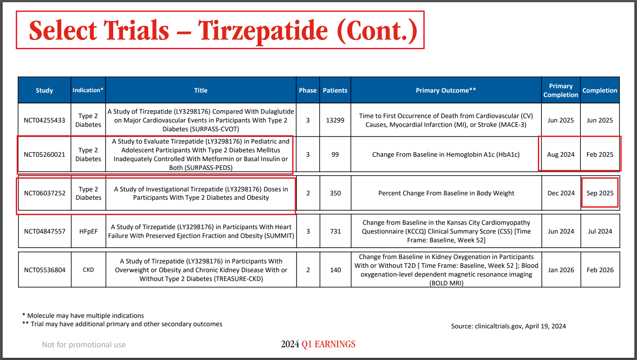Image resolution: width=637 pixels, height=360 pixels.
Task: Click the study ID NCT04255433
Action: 44,120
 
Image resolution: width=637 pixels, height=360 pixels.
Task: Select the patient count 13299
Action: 335,120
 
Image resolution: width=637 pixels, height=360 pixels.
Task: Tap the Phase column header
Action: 308,90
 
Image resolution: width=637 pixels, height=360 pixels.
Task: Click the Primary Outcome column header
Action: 446,90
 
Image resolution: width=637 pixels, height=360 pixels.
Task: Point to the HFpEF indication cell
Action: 88,231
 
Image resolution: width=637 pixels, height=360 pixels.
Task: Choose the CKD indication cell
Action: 88,270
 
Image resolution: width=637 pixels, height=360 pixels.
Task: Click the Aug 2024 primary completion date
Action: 561,155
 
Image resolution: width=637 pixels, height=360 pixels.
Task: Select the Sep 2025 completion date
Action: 600,193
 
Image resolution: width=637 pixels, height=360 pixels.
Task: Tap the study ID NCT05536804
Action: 44,270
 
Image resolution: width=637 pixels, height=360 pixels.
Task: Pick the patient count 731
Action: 335,231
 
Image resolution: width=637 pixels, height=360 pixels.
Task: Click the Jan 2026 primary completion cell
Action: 561,270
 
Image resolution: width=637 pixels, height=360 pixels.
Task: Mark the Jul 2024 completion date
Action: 600,231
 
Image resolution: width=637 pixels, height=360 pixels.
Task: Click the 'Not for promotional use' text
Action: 84,345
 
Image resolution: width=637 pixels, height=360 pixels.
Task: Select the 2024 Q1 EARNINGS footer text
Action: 318,344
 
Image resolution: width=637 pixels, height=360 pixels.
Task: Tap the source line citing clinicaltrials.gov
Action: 508,326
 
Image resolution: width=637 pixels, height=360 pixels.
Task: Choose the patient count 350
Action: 335,193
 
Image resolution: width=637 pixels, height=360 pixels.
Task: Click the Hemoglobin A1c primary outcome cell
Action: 446,155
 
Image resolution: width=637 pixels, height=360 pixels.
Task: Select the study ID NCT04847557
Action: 44,231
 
